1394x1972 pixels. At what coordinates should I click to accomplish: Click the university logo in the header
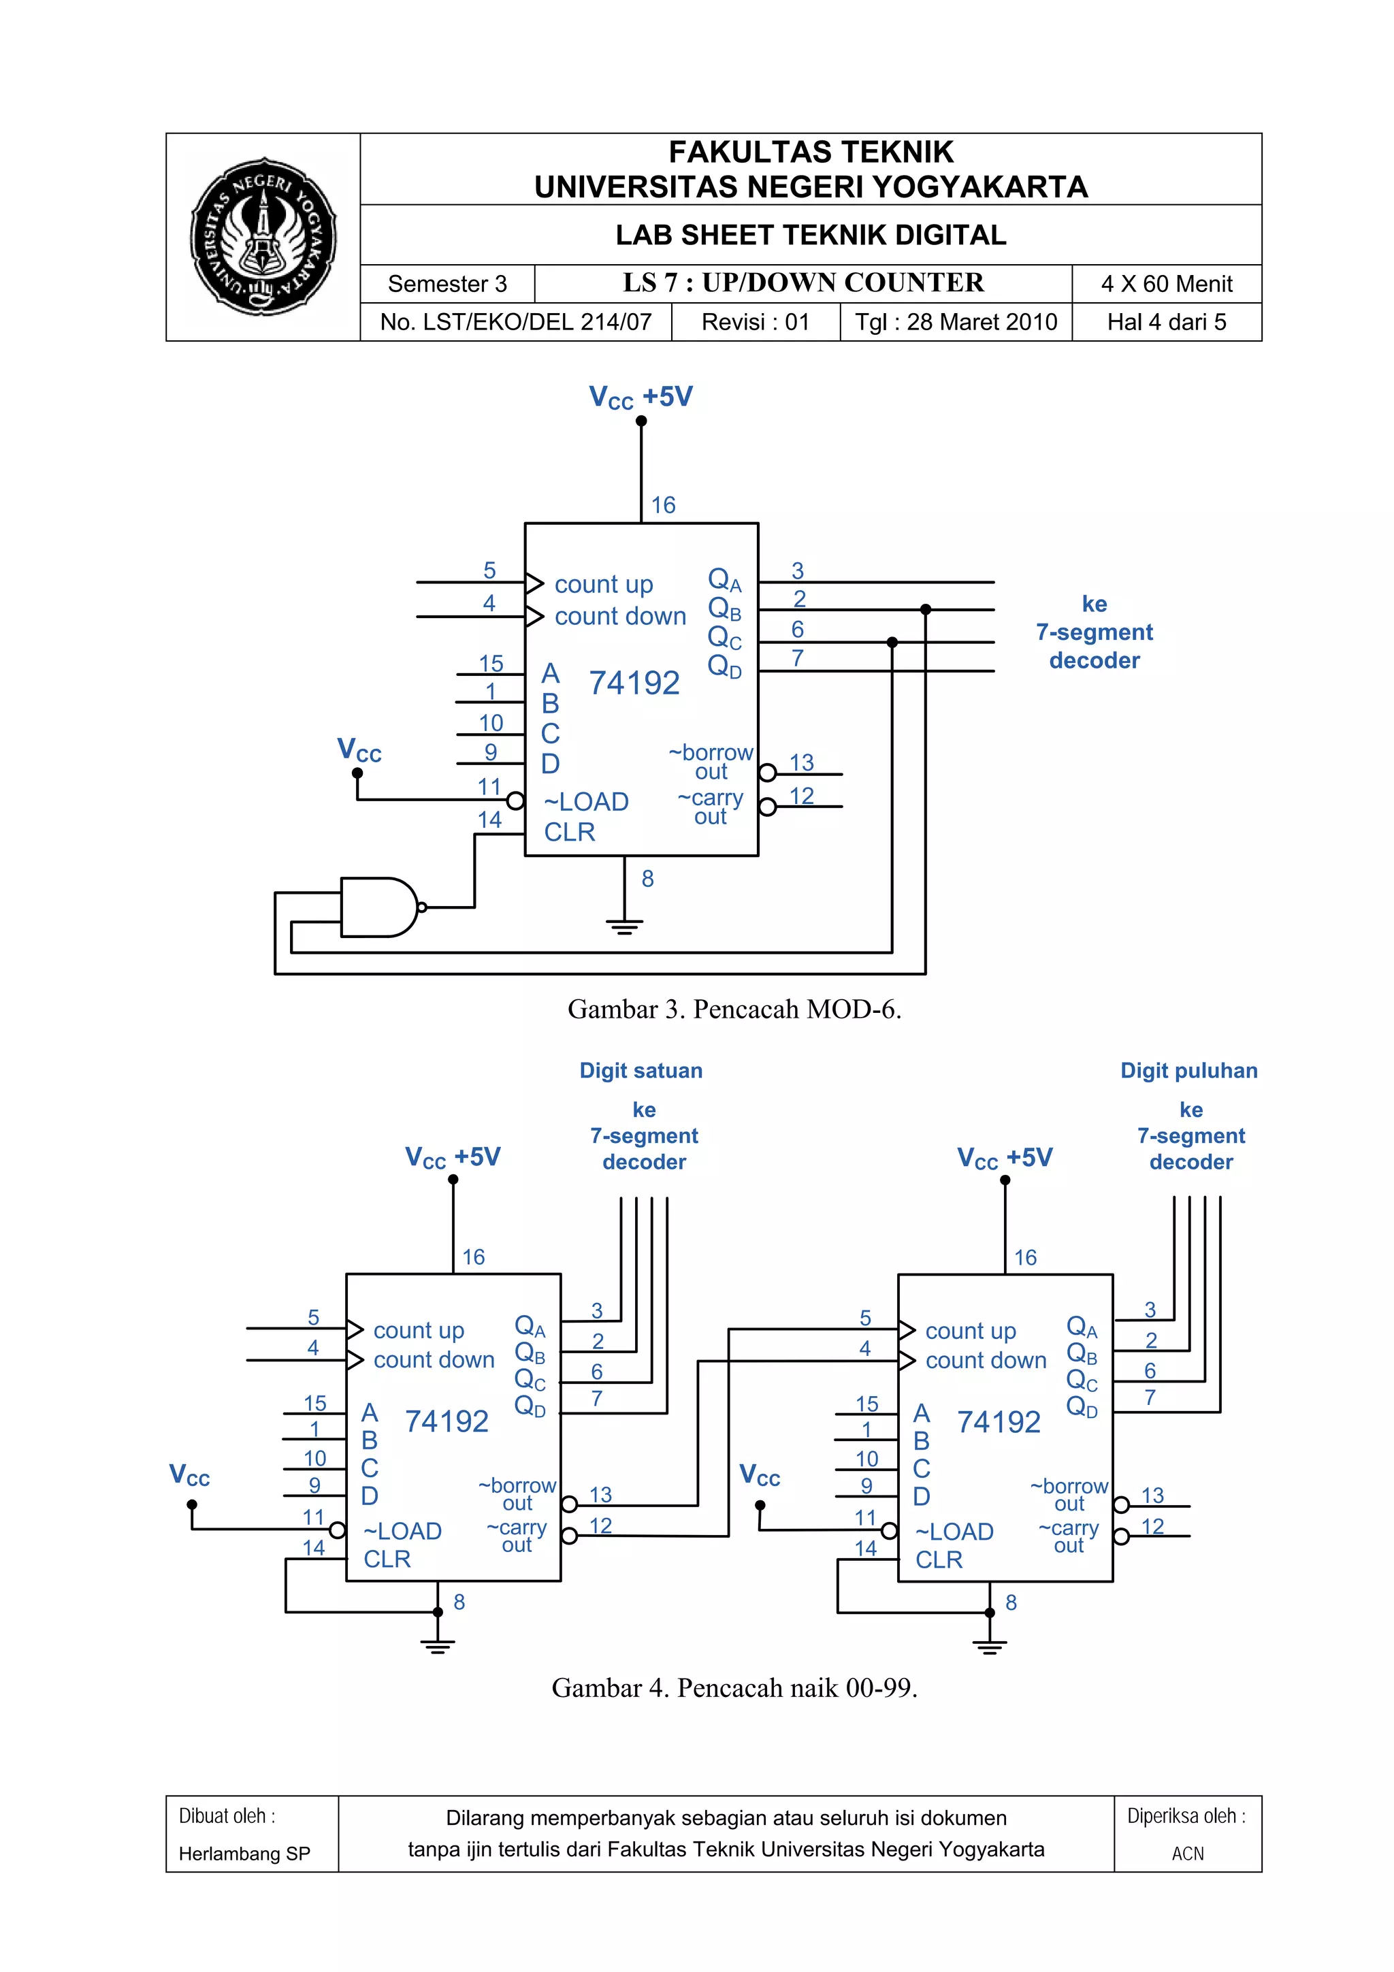coord(263,236)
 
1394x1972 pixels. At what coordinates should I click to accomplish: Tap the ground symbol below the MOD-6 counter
coord(624,925)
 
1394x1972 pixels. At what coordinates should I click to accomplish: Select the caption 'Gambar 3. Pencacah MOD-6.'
coord(734,1009)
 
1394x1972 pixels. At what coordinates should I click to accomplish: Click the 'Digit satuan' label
coord(641,1070)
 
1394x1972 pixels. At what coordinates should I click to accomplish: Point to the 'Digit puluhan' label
coord(1188,1070)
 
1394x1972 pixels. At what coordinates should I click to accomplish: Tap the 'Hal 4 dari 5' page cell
coord(1167,322)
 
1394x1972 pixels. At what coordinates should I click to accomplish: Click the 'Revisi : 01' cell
coord(755,322)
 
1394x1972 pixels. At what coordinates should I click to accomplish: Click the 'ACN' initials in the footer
coord(1188,1854)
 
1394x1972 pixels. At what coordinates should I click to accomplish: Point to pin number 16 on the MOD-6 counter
coord(663,505)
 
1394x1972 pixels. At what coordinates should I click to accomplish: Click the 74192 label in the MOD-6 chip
coord(634,683)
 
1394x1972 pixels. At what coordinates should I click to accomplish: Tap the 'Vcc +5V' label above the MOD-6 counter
coord(641,398)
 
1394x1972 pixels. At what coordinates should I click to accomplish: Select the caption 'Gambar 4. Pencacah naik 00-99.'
coord(734,1687)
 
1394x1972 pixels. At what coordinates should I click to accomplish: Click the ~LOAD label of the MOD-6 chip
coord(587,802)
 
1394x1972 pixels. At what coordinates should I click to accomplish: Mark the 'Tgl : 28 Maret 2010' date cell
coord(956,322)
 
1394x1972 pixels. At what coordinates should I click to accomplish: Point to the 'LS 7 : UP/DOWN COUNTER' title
coord(803,282)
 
